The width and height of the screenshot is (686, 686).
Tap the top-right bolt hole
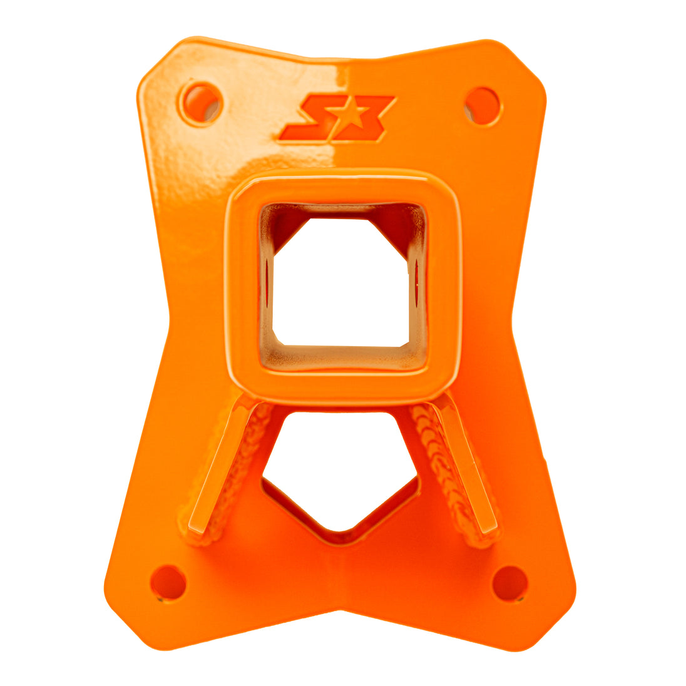pos(483,105)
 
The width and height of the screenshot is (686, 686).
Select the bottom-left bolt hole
pos(168,582)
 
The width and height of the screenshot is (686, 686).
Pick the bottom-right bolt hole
pos(509,583)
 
